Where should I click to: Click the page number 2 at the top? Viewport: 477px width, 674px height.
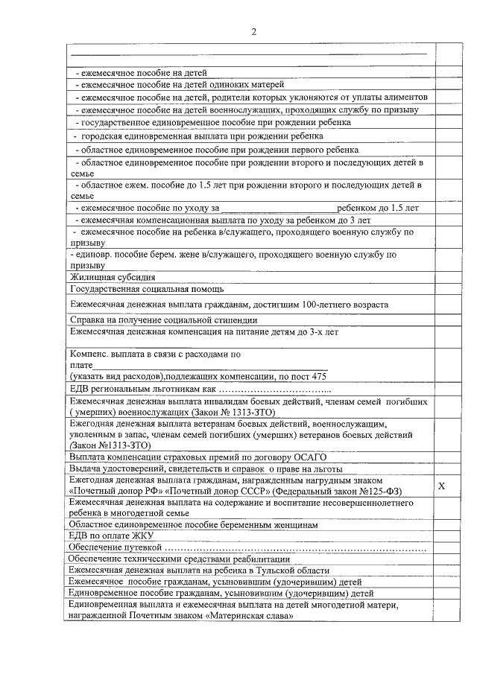click(253, 31)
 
